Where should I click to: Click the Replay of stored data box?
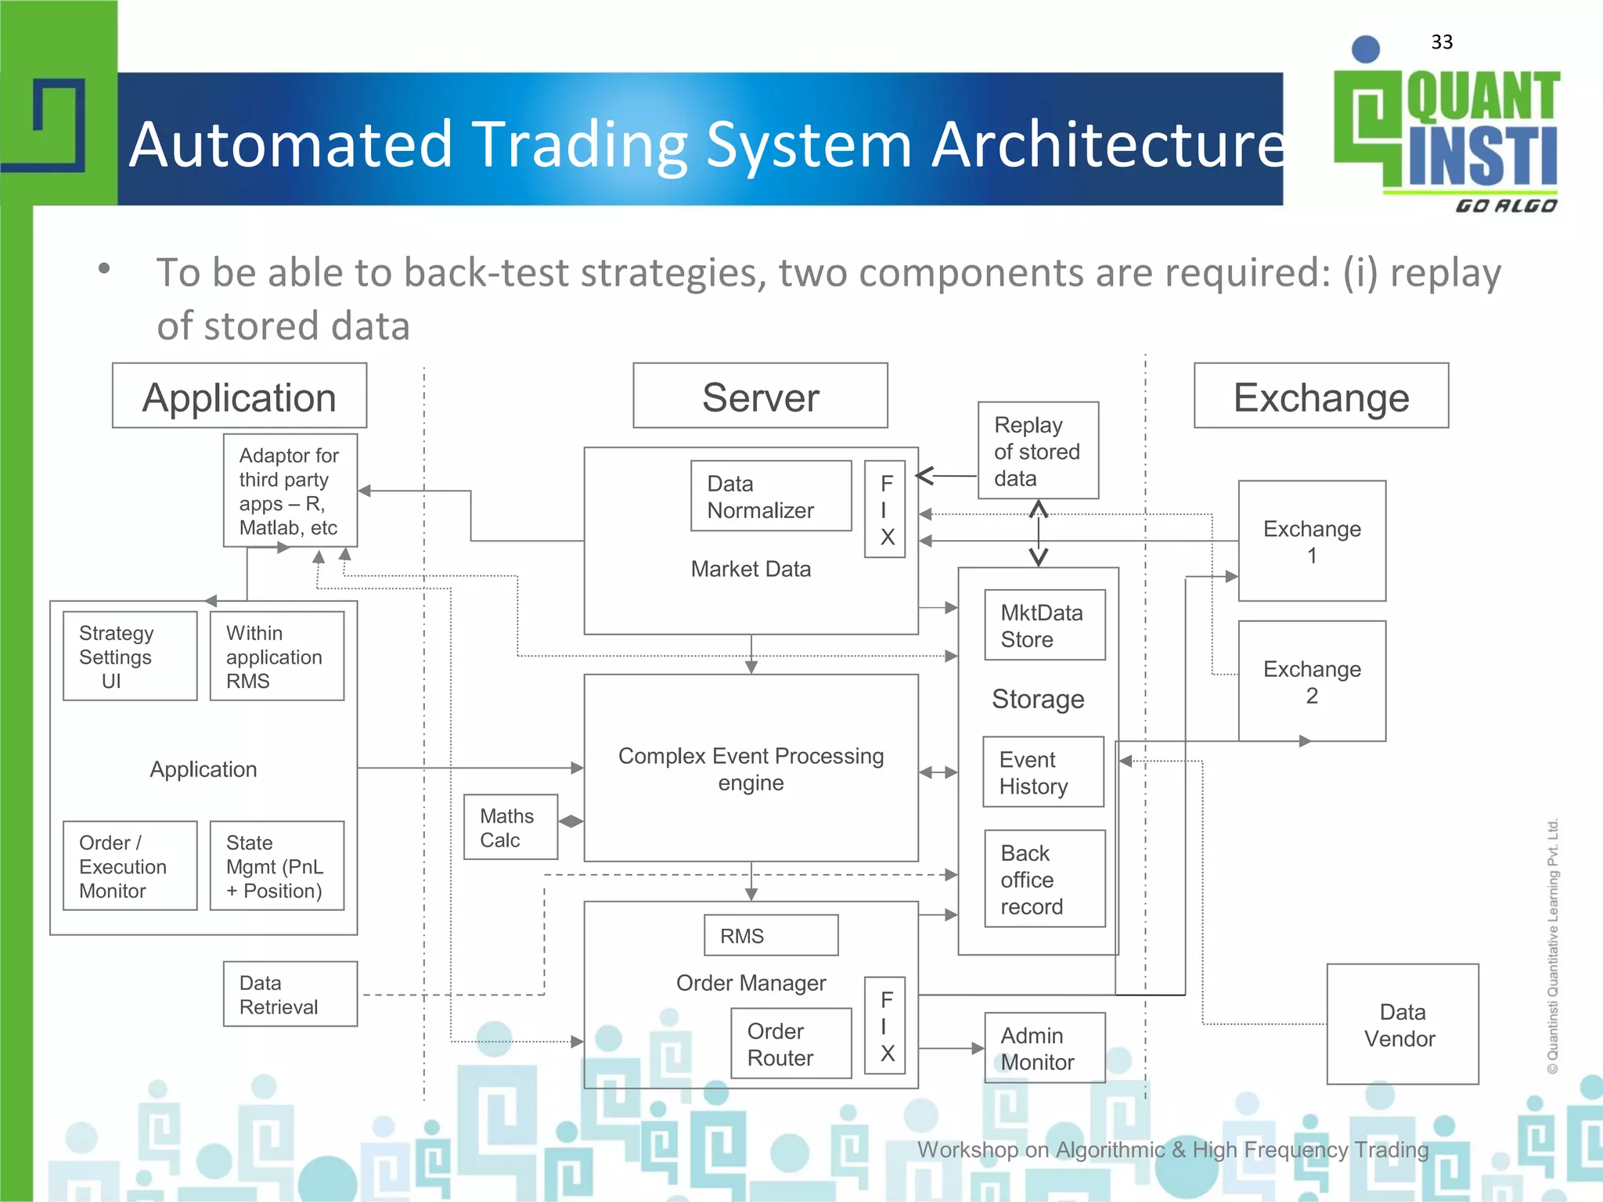(x=1038, y=451)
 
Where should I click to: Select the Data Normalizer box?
(x=771, y=496)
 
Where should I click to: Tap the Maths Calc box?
(x=510, y=827)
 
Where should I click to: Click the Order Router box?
(x=791, y=1043)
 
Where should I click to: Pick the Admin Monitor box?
(x=1044, y=1048)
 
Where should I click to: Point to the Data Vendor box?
(x=1402, y=1024)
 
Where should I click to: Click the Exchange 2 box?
(x=1312, y=682)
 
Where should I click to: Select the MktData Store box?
(x=1045, y=625)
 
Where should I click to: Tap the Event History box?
(x=1043, y=772)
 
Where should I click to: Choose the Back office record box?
(x=1044, y=879)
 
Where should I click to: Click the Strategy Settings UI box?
(x=130, y=656)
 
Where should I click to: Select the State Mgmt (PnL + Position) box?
(x=277, y=866)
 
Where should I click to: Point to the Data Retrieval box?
(x=290, y=994)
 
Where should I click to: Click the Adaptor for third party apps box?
(x=290, y=491)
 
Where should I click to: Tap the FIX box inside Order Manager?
(x=885, y=1025)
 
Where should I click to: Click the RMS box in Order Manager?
(x=770, y=935)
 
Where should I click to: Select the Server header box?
(x=760, y=396)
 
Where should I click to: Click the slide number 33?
(x=1441, y=42)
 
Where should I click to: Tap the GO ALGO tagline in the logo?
(x=1505, y=206)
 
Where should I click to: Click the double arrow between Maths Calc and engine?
(x=571, y=821)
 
